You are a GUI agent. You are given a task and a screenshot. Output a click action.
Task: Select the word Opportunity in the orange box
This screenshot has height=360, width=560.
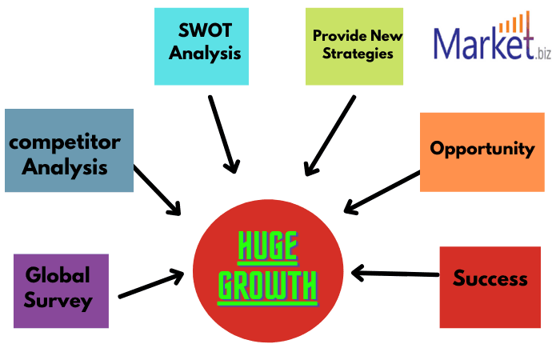pyautogui.click(x=482, y=148)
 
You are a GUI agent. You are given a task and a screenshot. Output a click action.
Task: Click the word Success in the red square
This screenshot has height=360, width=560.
pyautogui.click(x=490, y=278)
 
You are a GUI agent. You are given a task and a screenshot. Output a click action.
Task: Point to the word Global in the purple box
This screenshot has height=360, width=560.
pyautogui.click(x=58, y=275)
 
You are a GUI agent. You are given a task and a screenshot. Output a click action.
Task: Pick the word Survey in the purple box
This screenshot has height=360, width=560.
pyautogui.click(x=58, y=301)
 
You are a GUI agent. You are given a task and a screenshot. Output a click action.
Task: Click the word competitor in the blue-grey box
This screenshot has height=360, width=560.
pyautogui.click(x=65, y=143)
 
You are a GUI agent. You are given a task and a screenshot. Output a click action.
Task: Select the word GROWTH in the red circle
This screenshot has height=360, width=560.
pyautogui.click(x=267, y=286)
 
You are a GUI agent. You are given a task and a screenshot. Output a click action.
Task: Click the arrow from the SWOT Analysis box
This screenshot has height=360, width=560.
pyautogui.click(x=223, y=134)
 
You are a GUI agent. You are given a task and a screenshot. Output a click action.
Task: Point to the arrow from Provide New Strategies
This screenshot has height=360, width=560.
pyautogui.click(x=330, y=136)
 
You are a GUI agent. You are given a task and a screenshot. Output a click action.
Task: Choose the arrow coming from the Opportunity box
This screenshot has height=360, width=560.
pyautogui.click(x=382, y=192)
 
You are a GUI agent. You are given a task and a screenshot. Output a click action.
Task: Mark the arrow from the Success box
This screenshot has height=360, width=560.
pyautogui.click(x=395, y=274)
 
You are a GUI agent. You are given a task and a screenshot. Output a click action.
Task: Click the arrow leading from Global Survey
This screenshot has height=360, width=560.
pyautogui.click(x=150, y=286)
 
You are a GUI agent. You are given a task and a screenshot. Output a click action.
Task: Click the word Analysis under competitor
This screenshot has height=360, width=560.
pyautogui.click(x=65, y=168)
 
